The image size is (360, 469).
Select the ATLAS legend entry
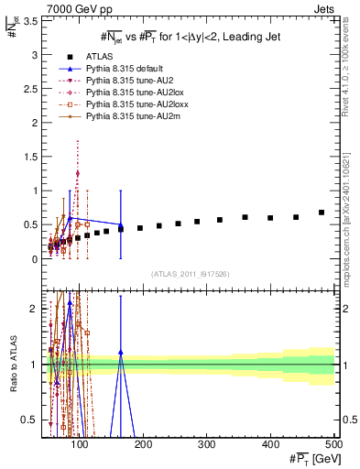pos(122,56)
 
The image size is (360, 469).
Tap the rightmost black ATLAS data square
pos(322,213)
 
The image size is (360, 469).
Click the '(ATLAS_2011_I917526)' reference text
pos(191,274)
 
